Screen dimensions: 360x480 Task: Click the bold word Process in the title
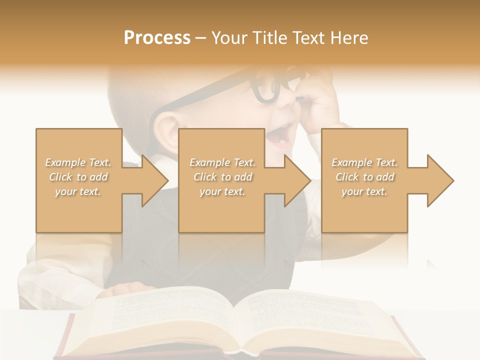157,38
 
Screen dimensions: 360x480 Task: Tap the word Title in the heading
270,38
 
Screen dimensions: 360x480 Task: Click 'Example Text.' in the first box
78,162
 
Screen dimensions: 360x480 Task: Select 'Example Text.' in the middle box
222,162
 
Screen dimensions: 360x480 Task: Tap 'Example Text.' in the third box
364,162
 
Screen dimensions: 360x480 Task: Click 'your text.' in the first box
78,191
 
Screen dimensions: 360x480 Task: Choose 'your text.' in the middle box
222,191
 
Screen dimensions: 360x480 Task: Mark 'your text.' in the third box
364,191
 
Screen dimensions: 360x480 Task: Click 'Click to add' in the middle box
222,177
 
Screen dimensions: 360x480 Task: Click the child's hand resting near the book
125,289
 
